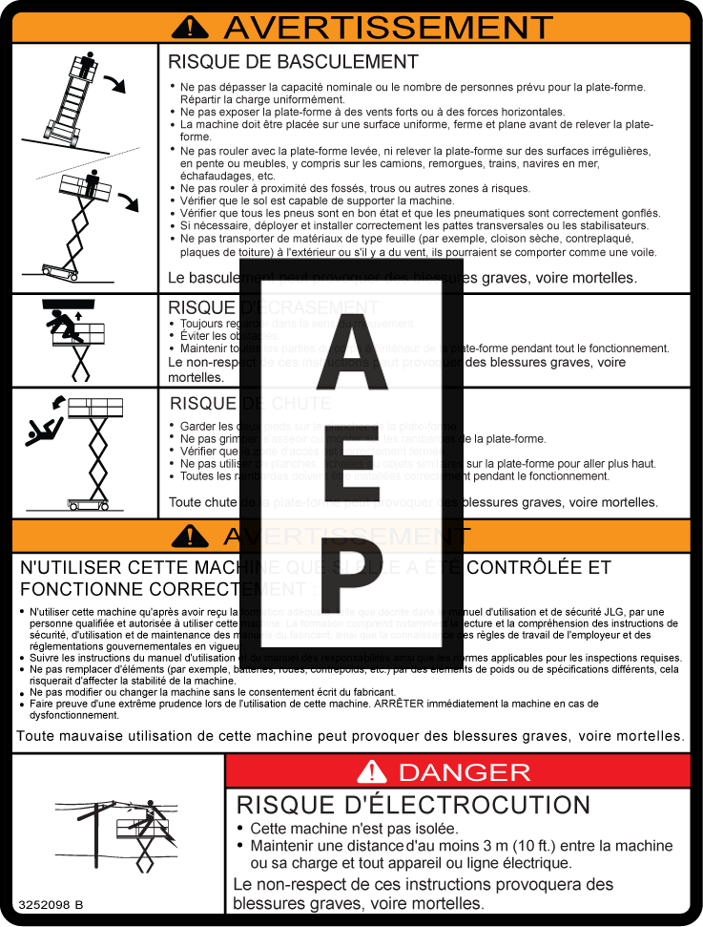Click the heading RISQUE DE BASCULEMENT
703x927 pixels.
coord(293,62)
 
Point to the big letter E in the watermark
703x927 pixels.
coord(351,469)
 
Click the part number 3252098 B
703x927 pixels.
coord(50,903)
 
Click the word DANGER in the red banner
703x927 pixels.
coord(464,771)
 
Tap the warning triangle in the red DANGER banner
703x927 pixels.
coord(372,771)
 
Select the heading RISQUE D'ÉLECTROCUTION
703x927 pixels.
coord(413,805)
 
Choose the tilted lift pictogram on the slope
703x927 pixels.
coord(80,95)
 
